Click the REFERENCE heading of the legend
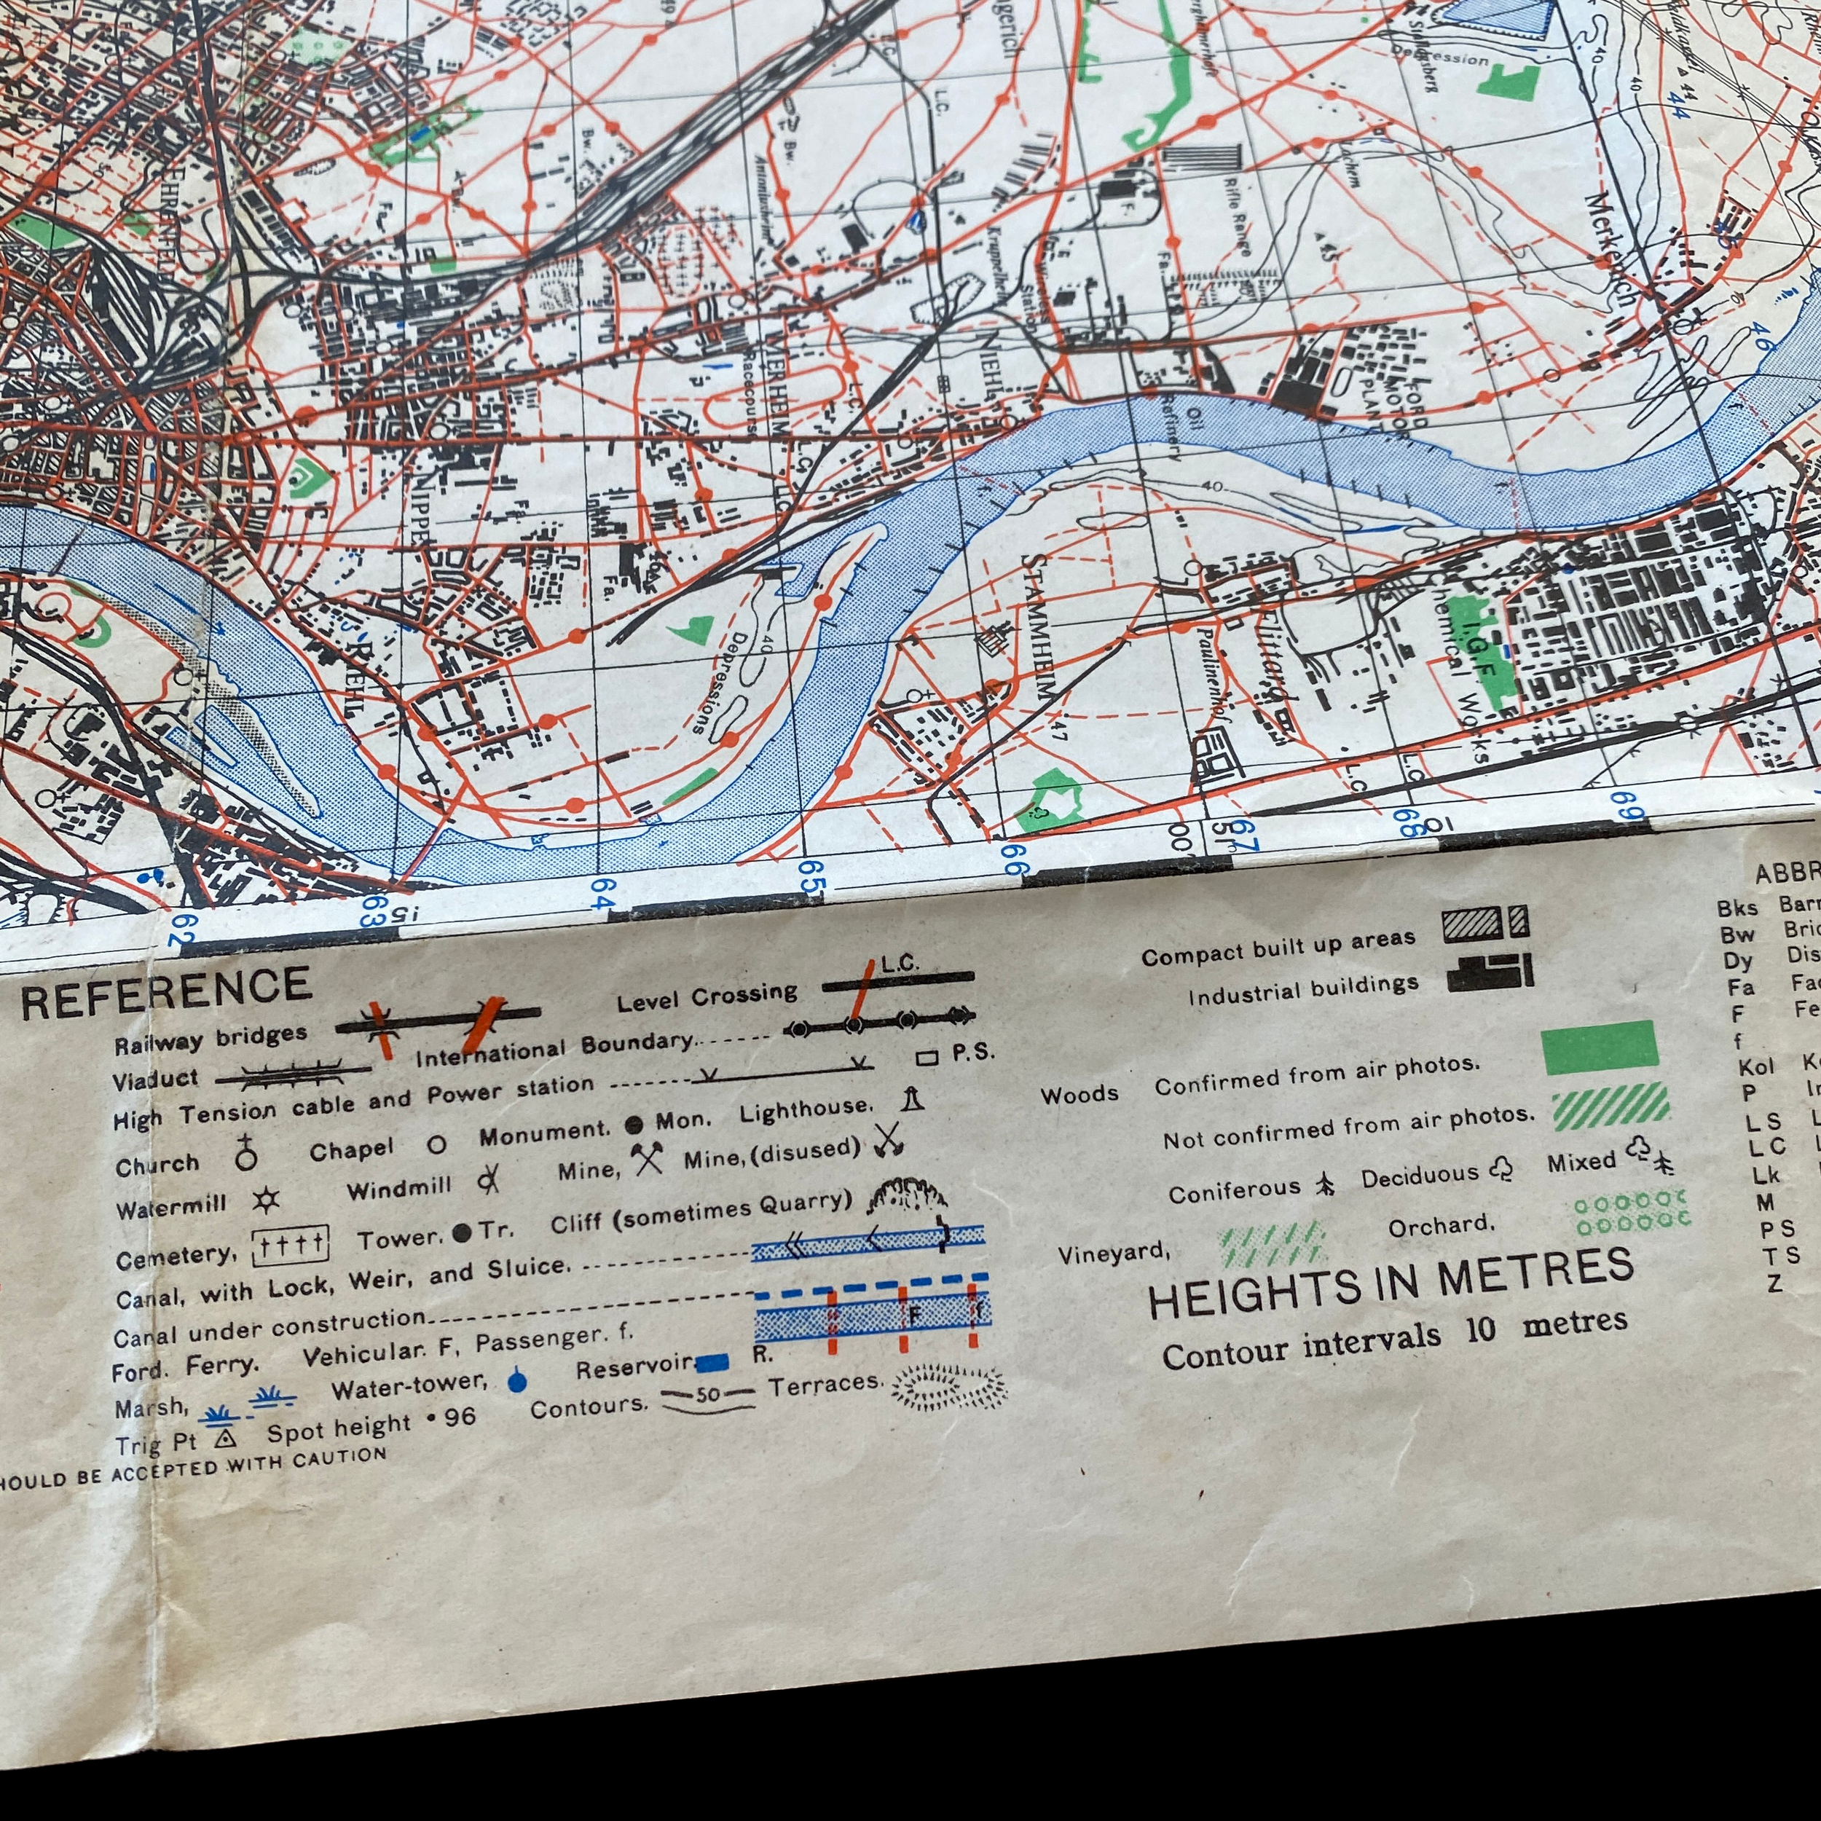click(166, 993)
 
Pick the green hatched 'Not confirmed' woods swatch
click(1610, 1106)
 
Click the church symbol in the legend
click(246, 1153)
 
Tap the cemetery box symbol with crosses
click(291, 1247)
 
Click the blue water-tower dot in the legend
click(516, 1382)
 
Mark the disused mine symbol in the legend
click(888, 1141)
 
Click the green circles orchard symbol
click(1632, 1212)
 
